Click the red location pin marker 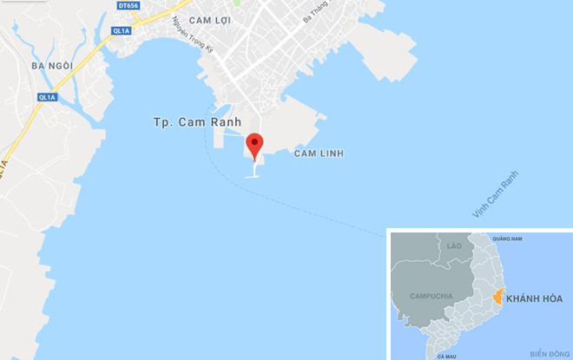click(254, 145)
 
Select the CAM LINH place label click(319, 154)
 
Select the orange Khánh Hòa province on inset click(497, 298)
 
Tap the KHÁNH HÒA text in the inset click(534, 298)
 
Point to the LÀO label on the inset click(453, 246)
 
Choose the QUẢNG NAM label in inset click(506, 239)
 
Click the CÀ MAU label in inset click(447, 355)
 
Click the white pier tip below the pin click(254, 176)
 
